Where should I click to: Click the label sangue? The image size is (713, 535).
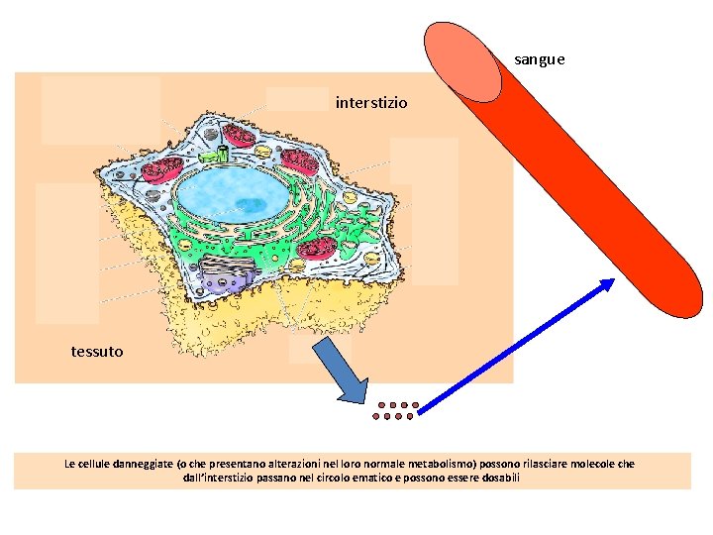pos(540,59)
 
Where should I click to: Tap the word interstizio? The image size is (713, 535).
pos(371,102)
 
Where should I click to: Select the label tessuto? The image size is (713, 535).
pos(97,351)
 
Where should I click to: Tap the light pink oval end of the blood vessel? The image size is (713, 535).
pos(462,58)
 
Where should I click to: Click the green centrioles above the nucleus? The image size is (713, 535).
pos(214,155)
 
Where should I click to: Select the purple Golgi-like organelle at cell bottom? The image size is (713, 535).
pos(227,273)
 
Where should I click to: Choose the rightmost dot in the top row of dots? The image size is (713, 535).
pos(417,405)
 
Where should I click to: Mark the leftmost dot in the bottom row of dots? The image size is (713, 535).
pos(376,416)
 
